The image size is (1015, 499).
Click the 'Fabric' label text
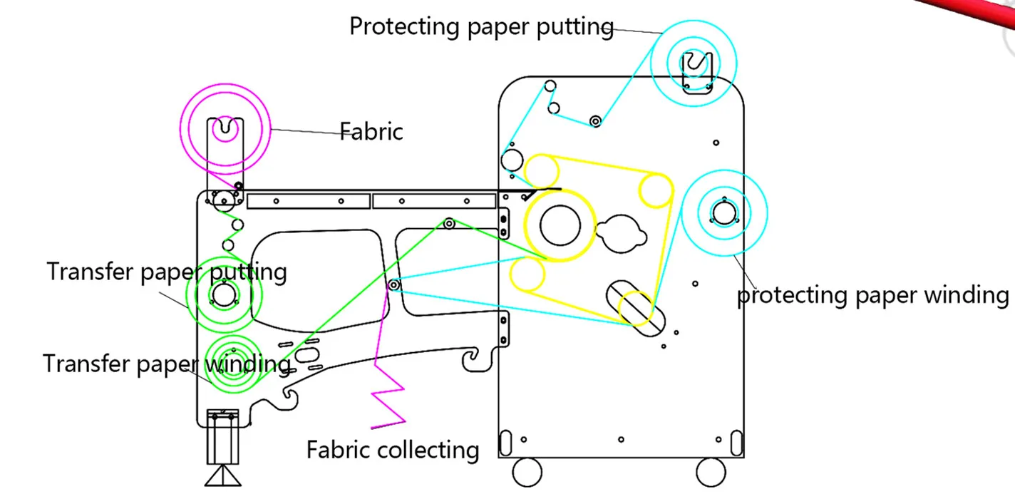(x=371, y=132)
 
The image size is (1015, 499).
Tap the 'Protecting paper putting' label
(x=481, y=27)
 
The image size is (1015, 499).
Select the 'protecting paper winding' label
(x=872, y=295)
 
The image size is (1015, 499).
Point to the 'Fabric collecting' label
(x=393, y=450)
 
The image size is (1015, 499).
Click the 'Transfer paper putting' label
(x=167, y=272)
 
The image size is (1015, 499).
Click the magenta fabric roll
(x=225, y=129)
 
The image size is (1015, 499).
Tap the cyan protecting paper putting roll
(x=694, y=63)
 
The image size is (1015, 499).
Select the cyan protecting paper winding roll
(x=724, y=213)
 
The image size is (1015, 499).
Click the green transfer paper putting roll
(x=224, y=294)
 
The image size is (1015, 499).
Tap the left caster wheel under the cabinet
(x=527, y=472)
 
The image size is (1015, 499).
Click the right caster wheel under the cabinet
(x=711, y=472)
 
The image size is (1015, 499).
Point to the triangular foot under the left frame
(x=223, y=475)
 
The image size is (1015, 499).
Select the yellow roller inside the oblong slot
(x=634, y=308)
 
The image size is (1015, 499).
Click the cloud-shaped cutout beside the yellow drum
(x=622, y=235)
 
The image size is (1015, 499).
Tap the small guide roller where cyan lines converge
(x=393, y=285)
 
